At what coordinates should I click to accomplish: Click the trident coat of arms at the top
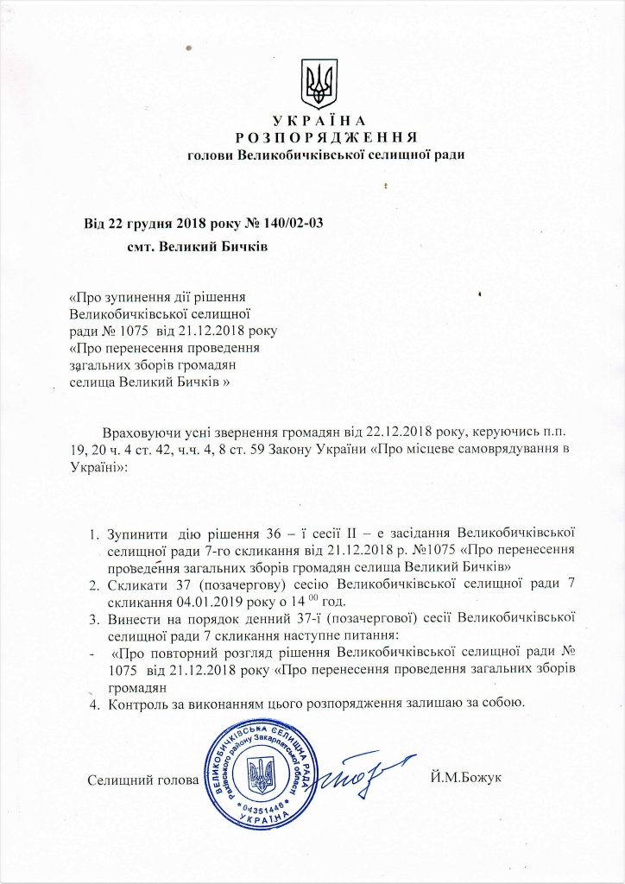[318, 83]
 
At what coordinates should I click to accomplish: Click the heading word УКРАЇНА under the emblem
[319, 120]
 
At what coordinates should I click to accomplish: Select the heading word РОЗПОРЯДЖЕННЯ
[326, 137]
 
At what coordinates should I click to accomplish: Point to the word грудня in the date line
[152, 224]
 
